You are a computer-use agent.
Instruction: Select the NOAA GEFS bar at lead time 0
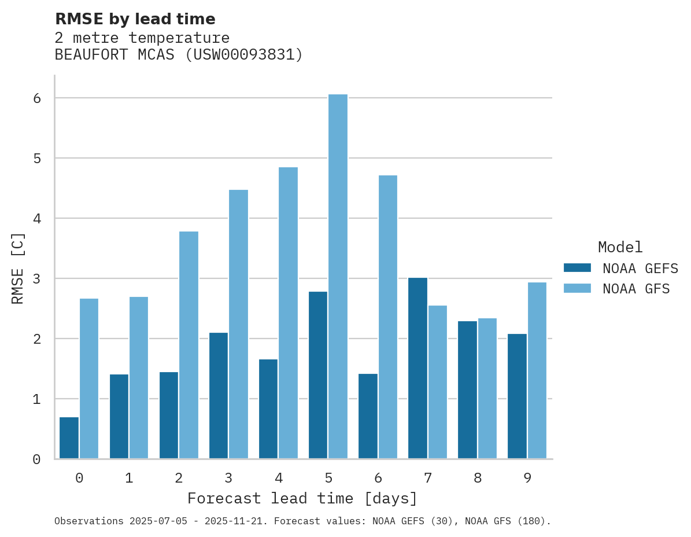pos(69,438)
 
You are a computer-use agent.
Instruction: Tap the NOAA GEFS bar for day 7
pos(417,369)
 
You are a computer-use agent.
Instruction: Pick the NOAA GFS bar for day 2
pos(189,345)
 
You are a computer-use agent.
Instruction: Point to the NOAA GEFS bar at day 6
pos(368,416)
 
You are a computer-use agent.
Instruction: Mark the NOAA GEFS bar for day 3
pos(219,396)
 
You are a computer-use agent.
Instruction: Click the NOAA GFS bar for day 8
pos(487,388)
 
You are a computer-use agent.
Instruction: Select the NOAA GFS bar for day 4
pos(288,313)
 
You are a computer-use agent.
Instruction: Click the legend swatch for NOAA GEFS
pos(577,268)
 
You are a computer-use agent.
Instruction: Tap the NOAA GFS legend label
pos(636,289)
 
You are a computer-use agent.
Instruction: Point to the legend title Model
pos(620,248)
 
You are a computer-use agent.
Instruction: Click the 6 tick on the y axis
pos(37,98)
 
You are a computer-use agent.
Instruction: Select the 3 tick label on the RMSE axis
pos(37,279)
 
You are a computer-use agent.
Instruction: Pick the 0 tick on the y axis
pos(37,459)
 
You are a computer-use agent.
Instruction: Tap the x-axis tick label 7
pos(428,479)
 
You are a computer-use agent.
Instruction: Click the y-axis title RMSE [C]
pos(19,268)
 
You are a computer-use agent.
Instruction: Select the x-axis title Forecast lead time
pos(302,499)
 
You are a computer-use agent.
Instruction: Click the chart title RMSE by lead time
pos(135,19)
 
